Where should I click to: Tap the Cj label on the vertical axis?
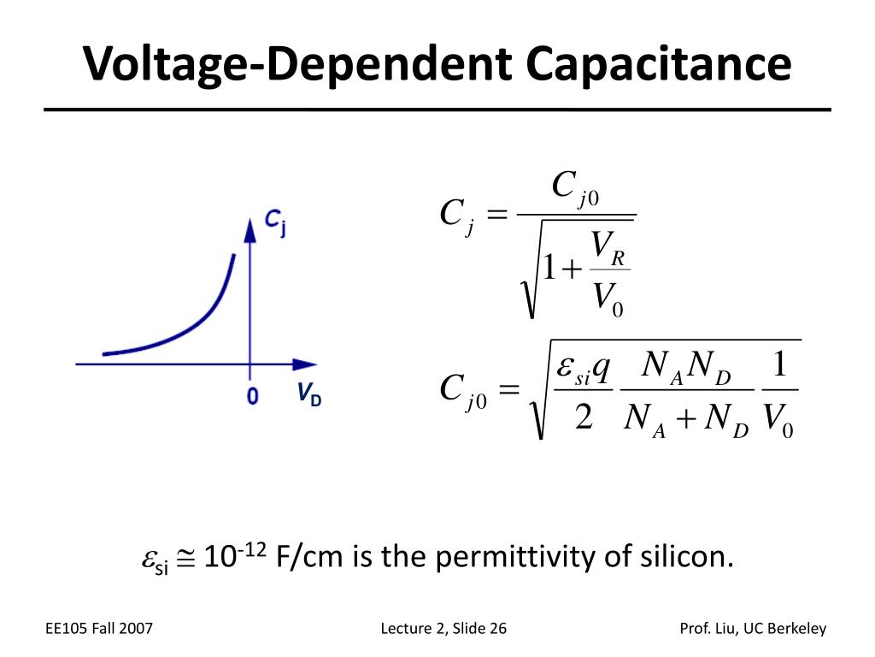tap(274, 222)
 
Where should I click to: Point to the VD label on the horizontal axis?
tap(309, 395)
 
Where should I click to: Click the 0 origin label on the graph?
tap(252, 396)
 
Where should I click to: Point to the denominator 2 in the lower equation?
tap(584, 419)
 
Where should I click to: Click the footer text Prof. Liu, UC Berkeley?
tap(753, 629)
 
